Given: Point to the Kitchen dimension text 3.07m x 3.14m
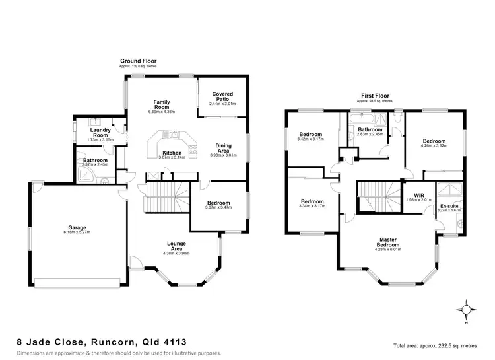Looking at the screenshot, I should point(171,157).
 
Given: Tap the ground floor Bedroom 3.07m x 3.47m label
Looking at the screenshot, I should point(218,203).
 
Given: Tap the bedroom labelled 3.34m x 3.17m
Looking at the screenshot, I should point(312,201).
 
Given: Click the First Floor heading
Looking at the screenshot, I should point(374,96).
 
